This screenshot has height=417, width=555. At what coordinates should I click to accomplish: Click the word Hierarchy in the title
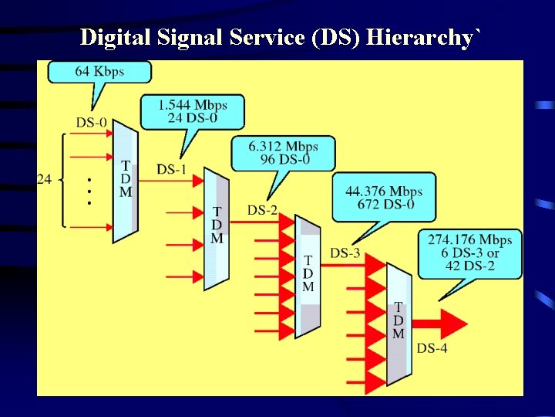(x=419, y=37)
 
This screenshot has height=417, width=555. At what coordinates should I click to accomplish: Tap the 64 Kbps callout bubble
(x=99, y=72)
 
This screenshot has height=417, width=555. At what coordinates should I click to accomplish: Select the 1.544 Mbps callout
(x=192, y=111)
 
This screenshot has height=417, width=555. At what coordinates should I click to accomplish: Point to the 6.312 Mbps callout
(x=284, y=152)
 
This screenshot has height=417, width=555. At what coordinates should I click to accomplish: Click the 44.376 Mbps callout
(x=383, y=197)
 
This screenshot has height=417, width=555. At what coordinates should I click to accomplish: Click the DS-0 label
(x=92, y=122)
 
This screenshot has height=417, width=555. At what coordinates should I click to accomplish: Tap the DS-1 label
(x=171, y=169)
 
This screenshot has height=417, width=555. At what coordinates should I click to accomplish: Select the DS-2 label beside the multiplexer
(x=262, y=210)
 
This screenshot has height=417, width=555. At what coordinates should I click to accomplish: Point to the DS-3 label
(x=345, y=253)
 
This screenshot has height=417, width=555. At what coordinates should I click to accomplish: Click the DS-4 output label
(x=432, y=348)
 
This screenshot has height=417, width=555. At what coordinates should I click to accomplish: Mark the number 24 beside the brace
(x=45, y=179)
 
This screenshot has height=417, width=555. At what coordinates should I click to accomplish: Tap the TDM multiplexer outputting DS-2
(x=217, y=228)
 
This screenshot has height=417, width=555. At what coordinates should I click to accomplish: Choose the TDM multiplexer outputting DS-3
(x=308, y=276)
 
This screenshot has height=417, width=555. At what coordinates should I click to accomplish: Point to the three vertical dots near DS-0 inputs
(x=89, y=192)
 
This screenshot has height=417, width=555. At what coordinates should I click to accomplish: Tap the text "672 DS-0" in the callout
(x=385, y=204)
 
